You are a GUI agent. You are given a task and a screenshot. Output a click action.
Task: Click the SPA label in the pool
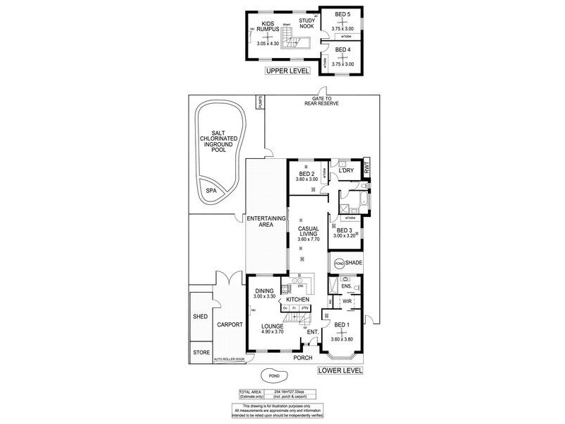[x=210, y=191]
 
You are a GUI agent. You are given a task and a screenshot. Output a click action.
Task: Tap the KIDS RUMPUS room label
[x=268, y=28]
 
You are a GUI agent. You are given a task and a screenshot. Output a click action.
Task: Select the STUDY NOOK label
[x=307, y=23]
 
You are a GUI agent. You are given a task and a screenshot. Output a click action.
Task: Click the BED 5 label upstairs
[x=343, y=15]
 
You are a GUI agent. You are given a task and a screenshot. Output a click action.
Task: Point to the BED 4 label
[x=343, y=49]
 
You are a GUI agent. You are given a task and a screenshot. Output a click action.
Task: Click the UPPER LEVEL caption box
[x=287, y=71]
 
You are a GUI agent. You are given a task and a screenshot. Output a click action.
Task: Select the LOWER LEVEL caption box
[x=340, y=370]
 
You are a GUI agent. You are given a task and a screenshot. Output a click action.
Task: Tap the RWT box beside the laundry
[x=366, y=167]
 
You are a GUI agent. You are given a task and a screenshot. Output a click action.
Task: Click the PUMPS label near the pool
[x=260, y=103]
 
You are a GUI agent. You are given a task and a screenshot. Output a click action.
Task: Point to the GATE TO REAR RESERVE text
[x=321, y=101]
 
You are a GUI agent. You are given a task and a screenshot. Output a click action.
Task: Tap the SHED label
[x=201, y=317]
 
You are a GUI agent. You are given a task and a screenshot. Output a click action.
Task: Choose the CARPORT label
[x=230, y=325]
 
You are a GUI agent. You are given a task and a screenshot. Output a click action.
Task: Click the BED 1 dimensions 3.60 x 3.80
[x=343, y=339]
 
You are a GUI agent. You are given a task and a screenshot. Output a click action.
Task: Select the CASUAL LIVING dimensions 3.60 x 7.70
[x=308, y=240]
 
